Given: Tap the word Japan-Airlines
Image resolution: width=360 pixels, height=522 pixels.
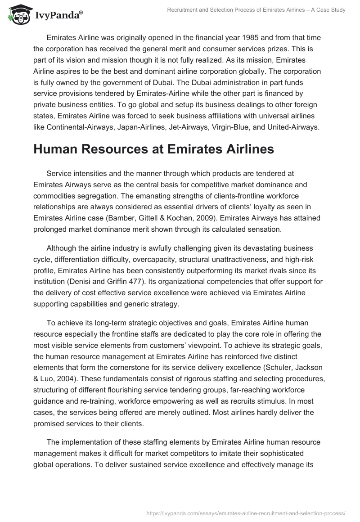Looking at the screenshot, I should point(137,115).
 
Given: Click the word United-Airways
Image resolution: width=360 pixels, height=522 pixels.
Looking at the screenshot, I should point(294,115).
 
